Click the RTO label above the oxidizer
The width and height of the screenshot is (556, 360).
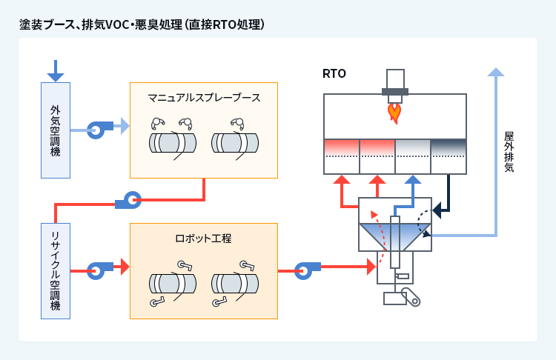[334, 73]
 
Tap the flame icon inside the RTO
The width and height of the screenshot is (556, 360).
[395, 112]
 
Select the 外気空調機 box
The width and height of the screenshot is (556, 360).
[56, 130]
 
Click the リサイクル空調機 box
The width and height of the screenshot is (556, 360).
[56, 270]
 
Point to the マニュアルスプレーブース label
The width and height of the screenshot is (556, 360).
[203, 97]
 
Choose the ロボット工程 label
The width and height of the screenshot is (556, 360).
[203, 239]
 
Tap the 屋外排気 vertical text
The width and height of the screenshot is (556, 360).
[509, 152]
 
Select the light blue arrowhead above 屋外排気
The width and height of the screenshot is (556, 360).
[496, 72]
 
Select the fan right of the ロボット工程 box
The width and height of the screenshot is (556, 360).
[304, 270]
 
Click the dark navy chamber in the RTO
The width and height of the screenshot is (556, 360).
[448, 147]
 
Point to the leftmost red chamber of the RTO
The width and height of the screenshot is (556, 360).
[342, 147]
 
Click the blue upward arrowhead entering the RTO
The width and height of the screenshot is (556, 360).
[413, 180]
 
